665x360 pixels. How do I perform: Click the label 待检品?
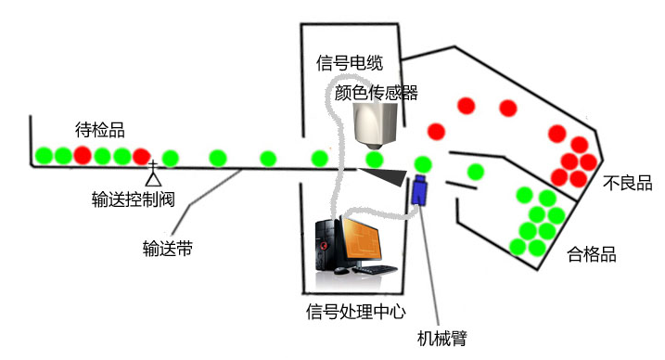click(100, 130)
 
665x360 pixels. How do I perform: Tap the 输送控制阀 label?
click(134, 199)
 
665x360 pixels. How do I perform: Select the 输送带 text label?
click(168, 249)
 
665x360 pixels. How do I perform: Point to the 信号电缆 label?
click(350, 63)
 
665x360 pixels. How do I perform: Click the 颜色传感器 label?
click(377, 93)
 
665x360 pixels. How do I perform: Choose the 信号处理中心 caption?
click(356, 312)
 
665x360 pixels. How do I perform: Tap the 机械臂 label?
click(441, 338)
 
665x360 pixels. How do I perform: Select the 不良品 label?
click(627, 183)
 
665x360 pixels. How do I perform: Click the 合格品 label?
click(591, 254)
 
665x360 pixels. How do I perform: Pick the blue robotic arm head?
click(419, 190)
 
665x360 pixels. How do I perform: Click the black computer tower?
click(328, 245)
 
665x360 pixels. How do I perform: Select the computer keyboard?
click(375, 269)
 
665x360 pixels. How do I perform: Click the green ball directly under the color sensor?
click(375, 160)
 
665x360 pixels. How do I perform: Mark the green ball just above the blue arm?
click(423, 164)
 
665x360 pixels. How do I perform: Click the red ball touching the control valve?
click(142, 157)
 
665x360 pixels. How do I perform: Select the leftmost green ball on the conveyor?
click(44, 156)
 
